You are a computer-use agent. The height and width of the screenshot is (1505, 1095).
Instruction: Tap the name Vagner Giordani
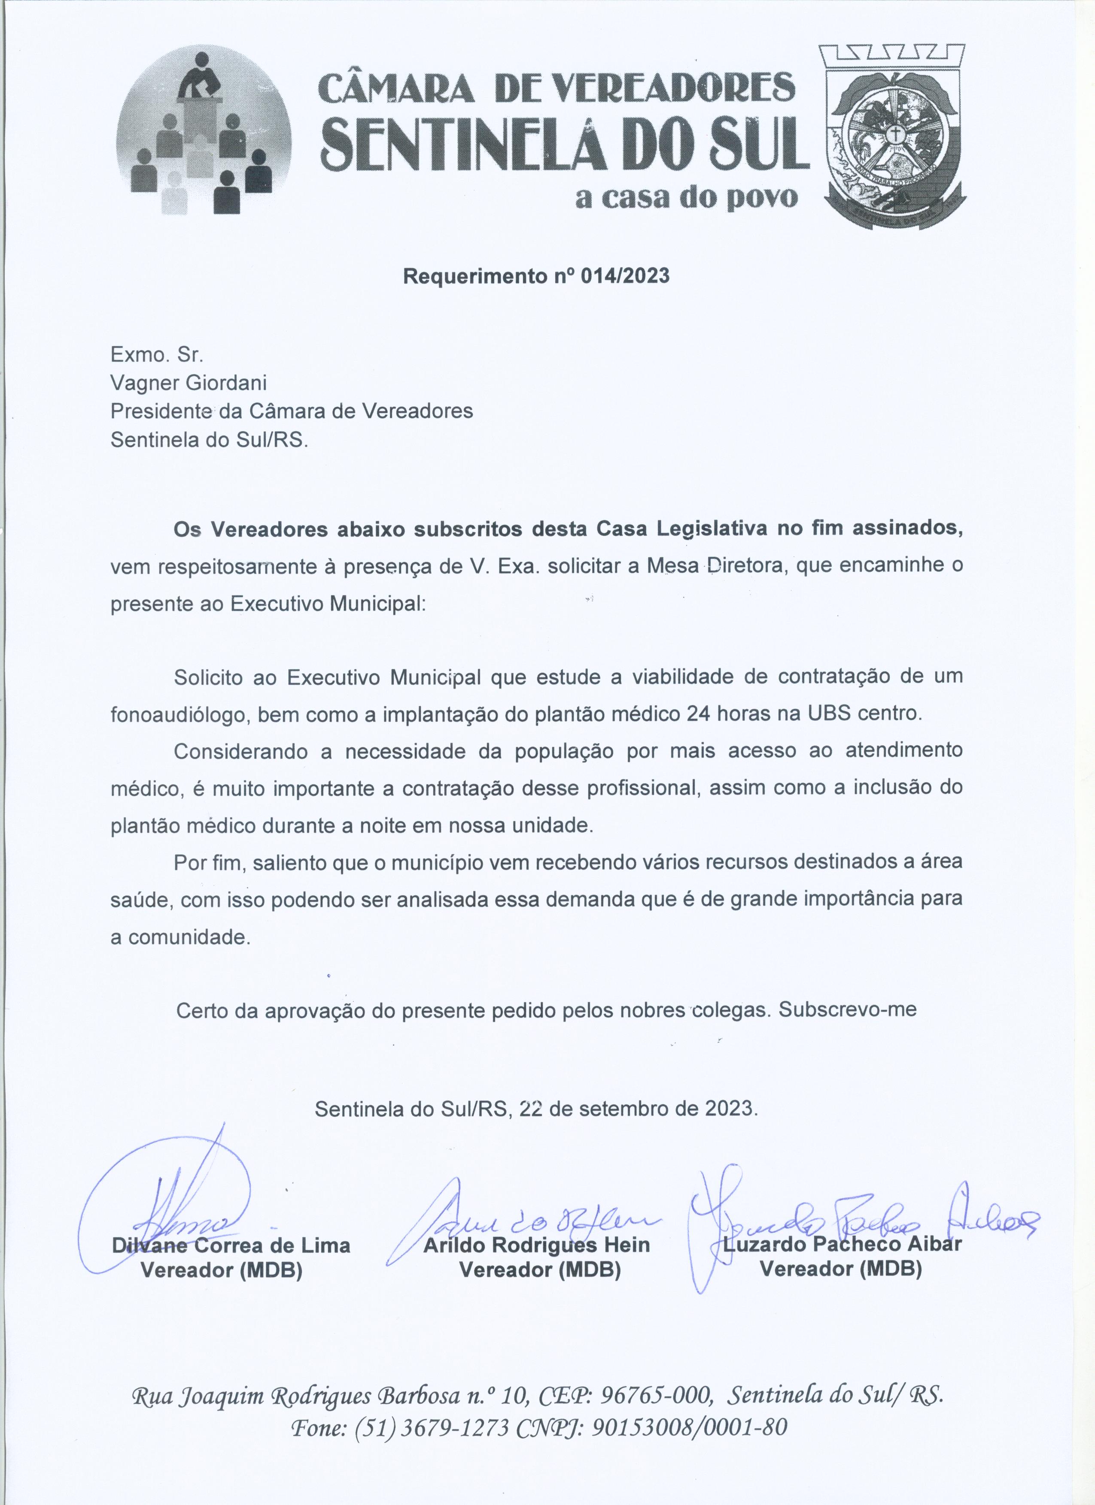point(189,383)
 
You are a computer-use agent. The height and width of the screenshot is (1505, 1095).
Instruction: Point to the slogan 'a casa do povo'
point(687,198)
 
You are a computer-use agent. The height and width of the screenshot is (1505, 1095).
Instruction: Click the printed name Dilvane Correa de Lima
point(231,1245)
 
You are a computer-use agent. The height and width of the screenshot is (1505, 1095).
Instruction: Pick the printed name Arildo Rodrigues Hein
point(536,1245)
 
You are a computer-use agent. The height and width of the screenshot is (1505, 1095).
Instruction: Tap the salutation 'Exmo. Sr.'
point(157,354)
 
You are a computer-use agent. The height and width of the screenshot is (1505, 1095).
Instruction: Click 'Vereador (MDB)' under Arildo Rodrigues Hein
point(540,1270)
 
